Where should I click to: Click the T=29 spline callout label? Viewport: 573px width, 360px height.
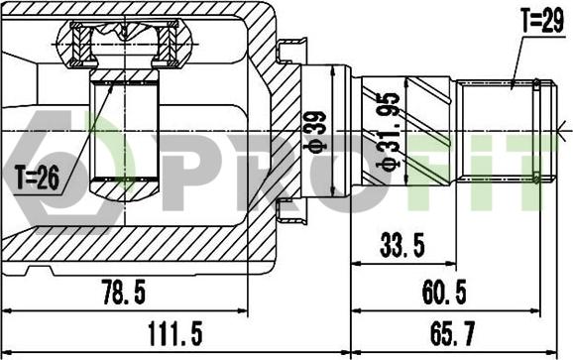click(x=543, y=22)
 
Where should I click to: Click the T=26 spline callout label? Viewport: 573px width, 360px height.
click(x=38, y=178)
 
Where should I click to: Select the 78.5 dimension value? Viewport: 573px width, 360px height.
click(x=124, y=292)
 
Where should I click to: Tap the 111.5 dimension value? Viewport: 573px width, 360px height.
click(x=174, y=333)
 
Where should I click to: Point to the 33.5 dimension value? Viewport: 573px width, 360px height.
click(x=402, y=245)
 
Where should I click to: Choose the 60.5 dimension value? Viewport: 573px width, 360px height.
click(x=444, y=292)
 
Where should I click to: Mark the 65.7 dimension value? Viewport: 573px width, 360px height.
click(x=452, y=333)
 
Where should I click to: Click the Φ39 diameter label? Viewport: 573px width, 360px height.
click(x=315, y=131)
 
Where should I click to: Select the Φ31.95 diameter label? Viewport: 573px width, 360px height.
click(x=389, y=132)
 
